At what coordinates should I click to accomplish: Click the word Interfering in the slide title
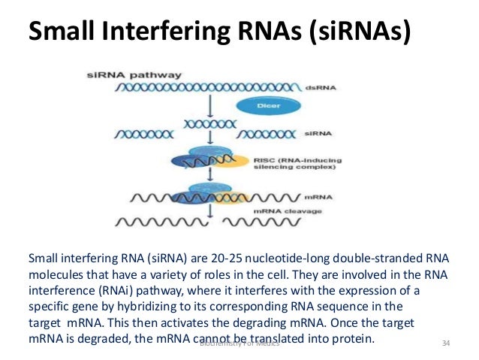point(176,34)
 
